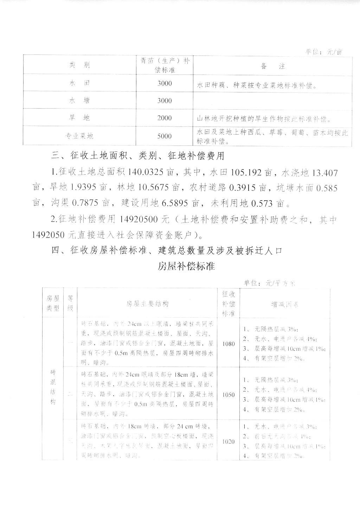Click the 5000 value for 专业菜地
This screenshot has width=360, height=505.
(x=164, y=136)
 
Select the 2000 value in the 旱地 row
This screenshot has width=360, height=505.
(x=164, y=118)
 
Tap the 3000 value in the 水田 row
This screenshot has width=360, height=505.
(x=164, y=83)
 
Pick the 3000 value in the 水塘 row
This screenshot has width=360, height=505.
(x=164, y=101)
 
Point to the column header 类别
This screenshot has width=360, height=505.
(x=79, y=65)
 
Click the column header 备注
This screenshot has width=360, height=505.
(x=273, y=66)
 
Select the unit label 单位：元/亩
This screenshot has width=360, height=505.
(x=324, y=52)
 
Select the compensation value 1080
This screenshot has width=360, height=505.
(x=228, y=344)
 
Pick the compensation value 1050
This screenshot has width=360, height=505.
(x=228, y=395)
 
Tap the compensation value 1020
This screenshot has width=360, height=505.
(x=228, y=441)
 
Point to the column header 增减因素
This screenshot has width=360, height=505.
(x=285, y=304)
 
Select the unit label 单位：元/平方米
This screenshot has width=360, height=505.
(x=270, y=283)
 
